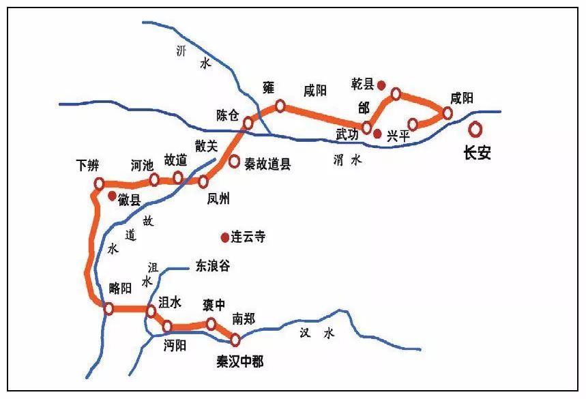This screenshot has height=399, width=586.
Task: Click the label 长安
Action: click(477, 153)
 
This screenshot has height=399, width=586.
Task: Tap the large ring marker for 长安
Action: click(474, 129)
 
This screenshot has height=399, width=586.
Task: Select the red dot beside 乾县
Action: click(382, 85)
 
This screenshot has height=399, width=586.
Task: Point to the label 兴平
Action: click(398, 136)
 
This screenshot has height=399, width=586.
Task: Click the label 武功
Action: click(347, 136)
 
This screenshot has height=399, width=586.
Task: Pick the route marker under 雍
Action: click(280, 106)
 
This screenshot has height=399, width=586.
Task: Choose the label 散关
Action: click(206, 145)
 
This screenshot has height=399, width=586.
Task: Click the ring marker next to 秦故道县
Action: click(234, 162)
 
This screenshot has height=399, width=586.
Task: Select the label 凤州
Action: click(219, 199)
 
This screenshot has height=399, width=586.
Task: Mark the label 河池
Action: click(142, 165)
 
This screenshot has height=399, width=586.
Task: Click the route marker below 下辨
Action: click(100, 183)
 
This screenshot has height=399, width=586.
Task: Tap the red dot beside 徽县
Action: click(111, 196)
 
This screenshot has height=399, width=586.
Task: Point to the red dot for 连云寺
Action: click(224, 237)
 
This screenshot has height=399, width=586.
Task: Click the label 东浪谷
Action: click(213, 266)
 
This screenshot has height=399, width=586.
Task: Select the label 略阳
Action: click(120, 289)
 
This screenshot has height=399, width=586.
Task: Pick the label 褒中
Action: click(214, 304)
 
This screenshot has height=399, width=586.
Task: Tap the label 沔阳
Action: click(175, 345)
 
